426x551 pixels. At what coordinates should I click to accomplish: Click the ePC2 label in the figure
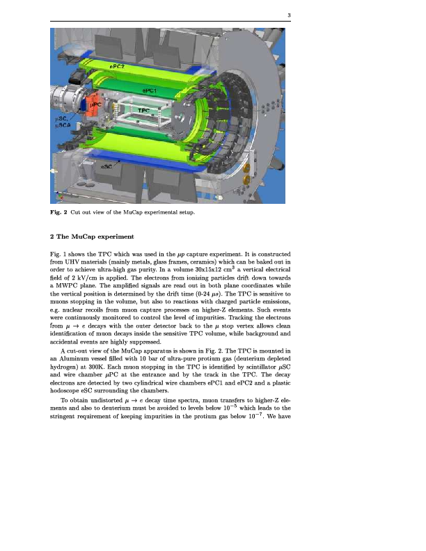[x=118, y=66]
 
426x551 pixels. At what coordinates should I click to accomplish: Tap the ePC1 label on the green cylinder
[x=150, y=91]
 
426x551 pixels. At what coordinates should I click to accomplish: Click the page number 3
[x=288, y=16]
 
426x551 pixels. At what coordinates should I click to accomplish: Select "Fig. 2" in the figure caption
[x=58, y=211]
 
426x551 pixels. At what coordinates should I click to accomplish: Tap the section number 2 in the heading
[x=53, y=237]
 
